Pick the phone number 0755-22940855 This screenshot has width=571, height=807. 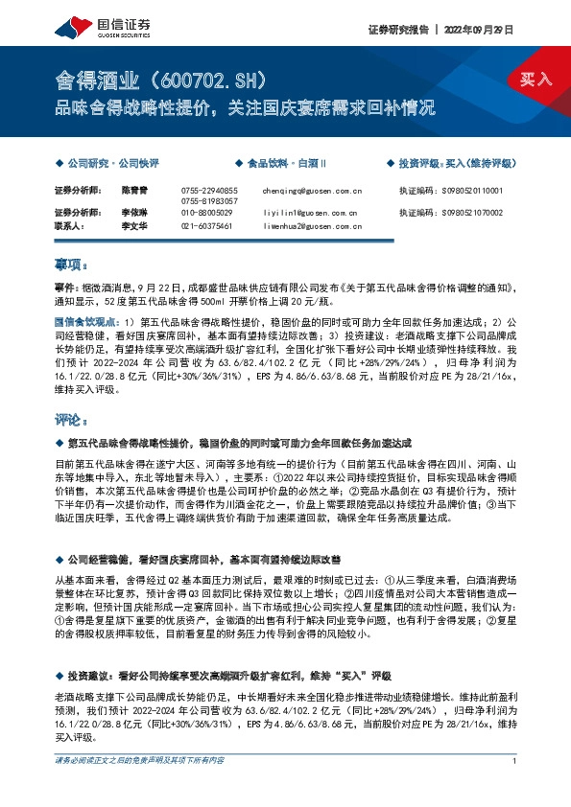209,191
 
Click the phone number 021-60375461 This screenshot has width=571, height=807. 206,225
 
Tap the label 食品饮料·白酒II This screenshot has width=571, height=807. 288,163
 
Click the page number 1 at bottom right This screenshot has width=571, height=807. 515,788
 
